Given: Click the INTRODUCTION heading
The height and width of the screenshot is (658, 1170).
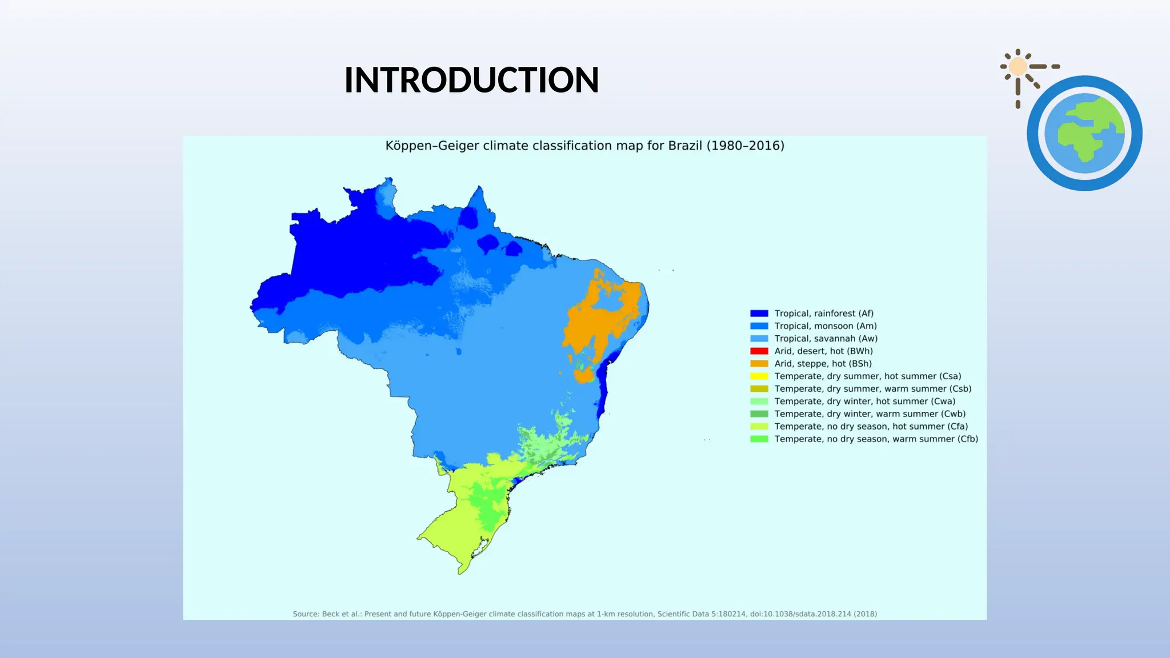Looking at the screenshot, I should (471, 80).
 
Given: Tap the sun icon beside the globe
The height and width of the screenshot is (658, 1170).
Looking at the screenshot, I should (1018, 67).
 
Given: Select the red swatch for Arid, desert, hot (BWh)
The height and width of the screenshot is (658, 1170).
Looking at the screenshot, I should (759, 351).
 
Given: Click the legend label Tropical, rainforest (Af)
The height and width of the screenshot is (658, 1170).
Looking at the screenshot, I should (824, 314).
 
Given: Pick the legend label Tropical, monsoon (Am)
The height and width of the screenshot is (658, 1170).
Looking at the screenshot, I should (826, 326).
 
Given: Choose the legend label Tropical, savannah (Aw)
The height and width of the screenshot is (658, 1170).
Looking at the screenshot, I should (826, 339).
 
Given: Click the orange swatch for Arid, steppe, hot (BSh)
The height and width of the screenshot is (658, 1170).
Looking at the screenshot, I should (759, 364).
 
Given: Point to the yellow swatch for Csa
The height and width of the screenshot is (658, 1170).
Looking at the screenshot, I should (759, 376).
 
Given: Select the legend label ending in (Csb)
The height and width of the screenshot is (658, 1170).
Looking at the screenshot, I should (873, 389).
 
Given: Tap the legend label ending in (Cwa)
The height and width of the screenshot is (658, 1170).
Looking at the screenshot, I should (865, 402).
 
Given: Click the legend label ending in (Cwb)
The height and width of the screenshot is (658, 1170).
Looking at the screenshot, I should (870, 414).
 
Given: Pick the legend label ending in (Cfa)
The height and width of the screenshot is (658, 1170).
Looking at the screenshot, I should (871, 427).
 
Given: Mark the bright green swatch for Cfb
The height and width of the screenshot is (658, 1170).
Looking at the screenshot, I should (759, 439).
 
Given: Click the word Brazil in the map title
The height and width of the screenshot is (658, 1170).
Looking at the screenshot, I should (685, 146).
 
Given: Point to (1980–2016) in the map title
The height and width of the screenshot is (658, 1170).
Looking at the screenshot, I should (746, 146).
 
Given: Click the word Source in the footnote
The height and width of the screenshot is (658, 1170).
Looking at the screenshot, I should (306, 614).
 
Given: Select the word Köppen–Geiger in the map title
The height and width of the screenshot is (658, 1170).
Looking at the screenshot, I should (432, 146).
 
